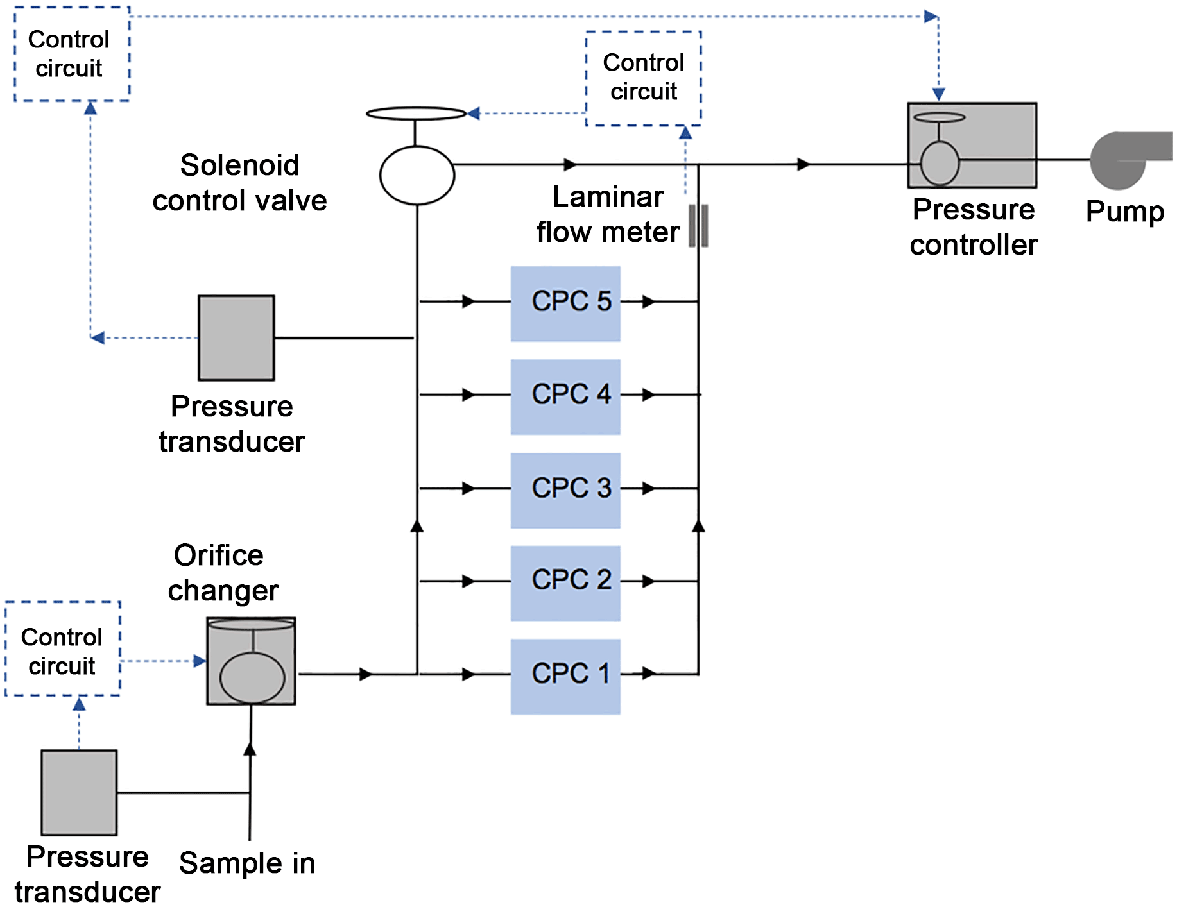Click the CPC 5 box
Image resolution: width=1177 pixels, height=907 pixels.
click(565, 303)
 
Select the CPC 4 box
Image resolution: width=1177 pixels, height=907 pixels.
click(565, 396)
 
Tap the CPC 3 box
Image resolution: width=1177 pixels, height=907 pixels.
click(565, 490)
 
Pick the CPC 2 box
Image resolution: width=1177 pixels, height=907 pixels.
click(565, 582)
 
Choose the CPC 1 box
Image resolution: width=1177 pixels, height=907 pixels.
click(565, 676)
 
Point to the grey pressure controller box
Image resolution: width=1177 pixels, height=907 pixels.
click(972, 145)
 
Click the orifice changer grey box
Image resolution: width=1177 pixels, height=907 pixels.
click(251, 661)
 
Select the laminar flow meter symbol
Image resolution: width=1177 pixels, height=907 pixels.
click(698, 226)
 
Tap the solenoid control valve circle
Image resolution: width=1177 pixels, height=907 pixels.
click(417, 175)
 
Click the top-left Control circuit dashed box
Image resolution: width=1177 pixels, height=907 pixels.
click(72, 54)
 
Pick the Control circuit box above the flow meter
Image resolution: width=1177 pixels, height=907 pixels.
click(644, 78)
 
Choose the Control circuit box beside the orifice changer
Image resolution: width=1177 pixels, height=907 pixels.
click(62, 648)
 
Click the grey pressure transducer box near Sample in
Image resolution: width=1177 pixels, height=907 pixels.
click(79, 792)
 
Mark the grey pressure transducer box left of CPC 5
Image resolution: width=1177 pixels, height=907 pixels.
click(236, 337)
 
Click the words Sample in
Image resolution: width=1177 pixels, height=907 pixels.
click(247, 863)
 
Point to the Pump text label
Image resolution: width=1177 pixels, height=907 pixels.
click(1124, 212)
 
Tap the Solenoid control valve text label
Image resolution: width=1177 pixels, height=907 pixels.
click(239, 183)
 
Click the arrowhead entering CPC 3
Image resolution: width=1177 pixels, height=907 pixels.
click(469, 489)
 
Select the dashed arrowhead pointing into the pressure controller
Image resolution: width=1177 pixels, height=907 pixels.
click(938, 94)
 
